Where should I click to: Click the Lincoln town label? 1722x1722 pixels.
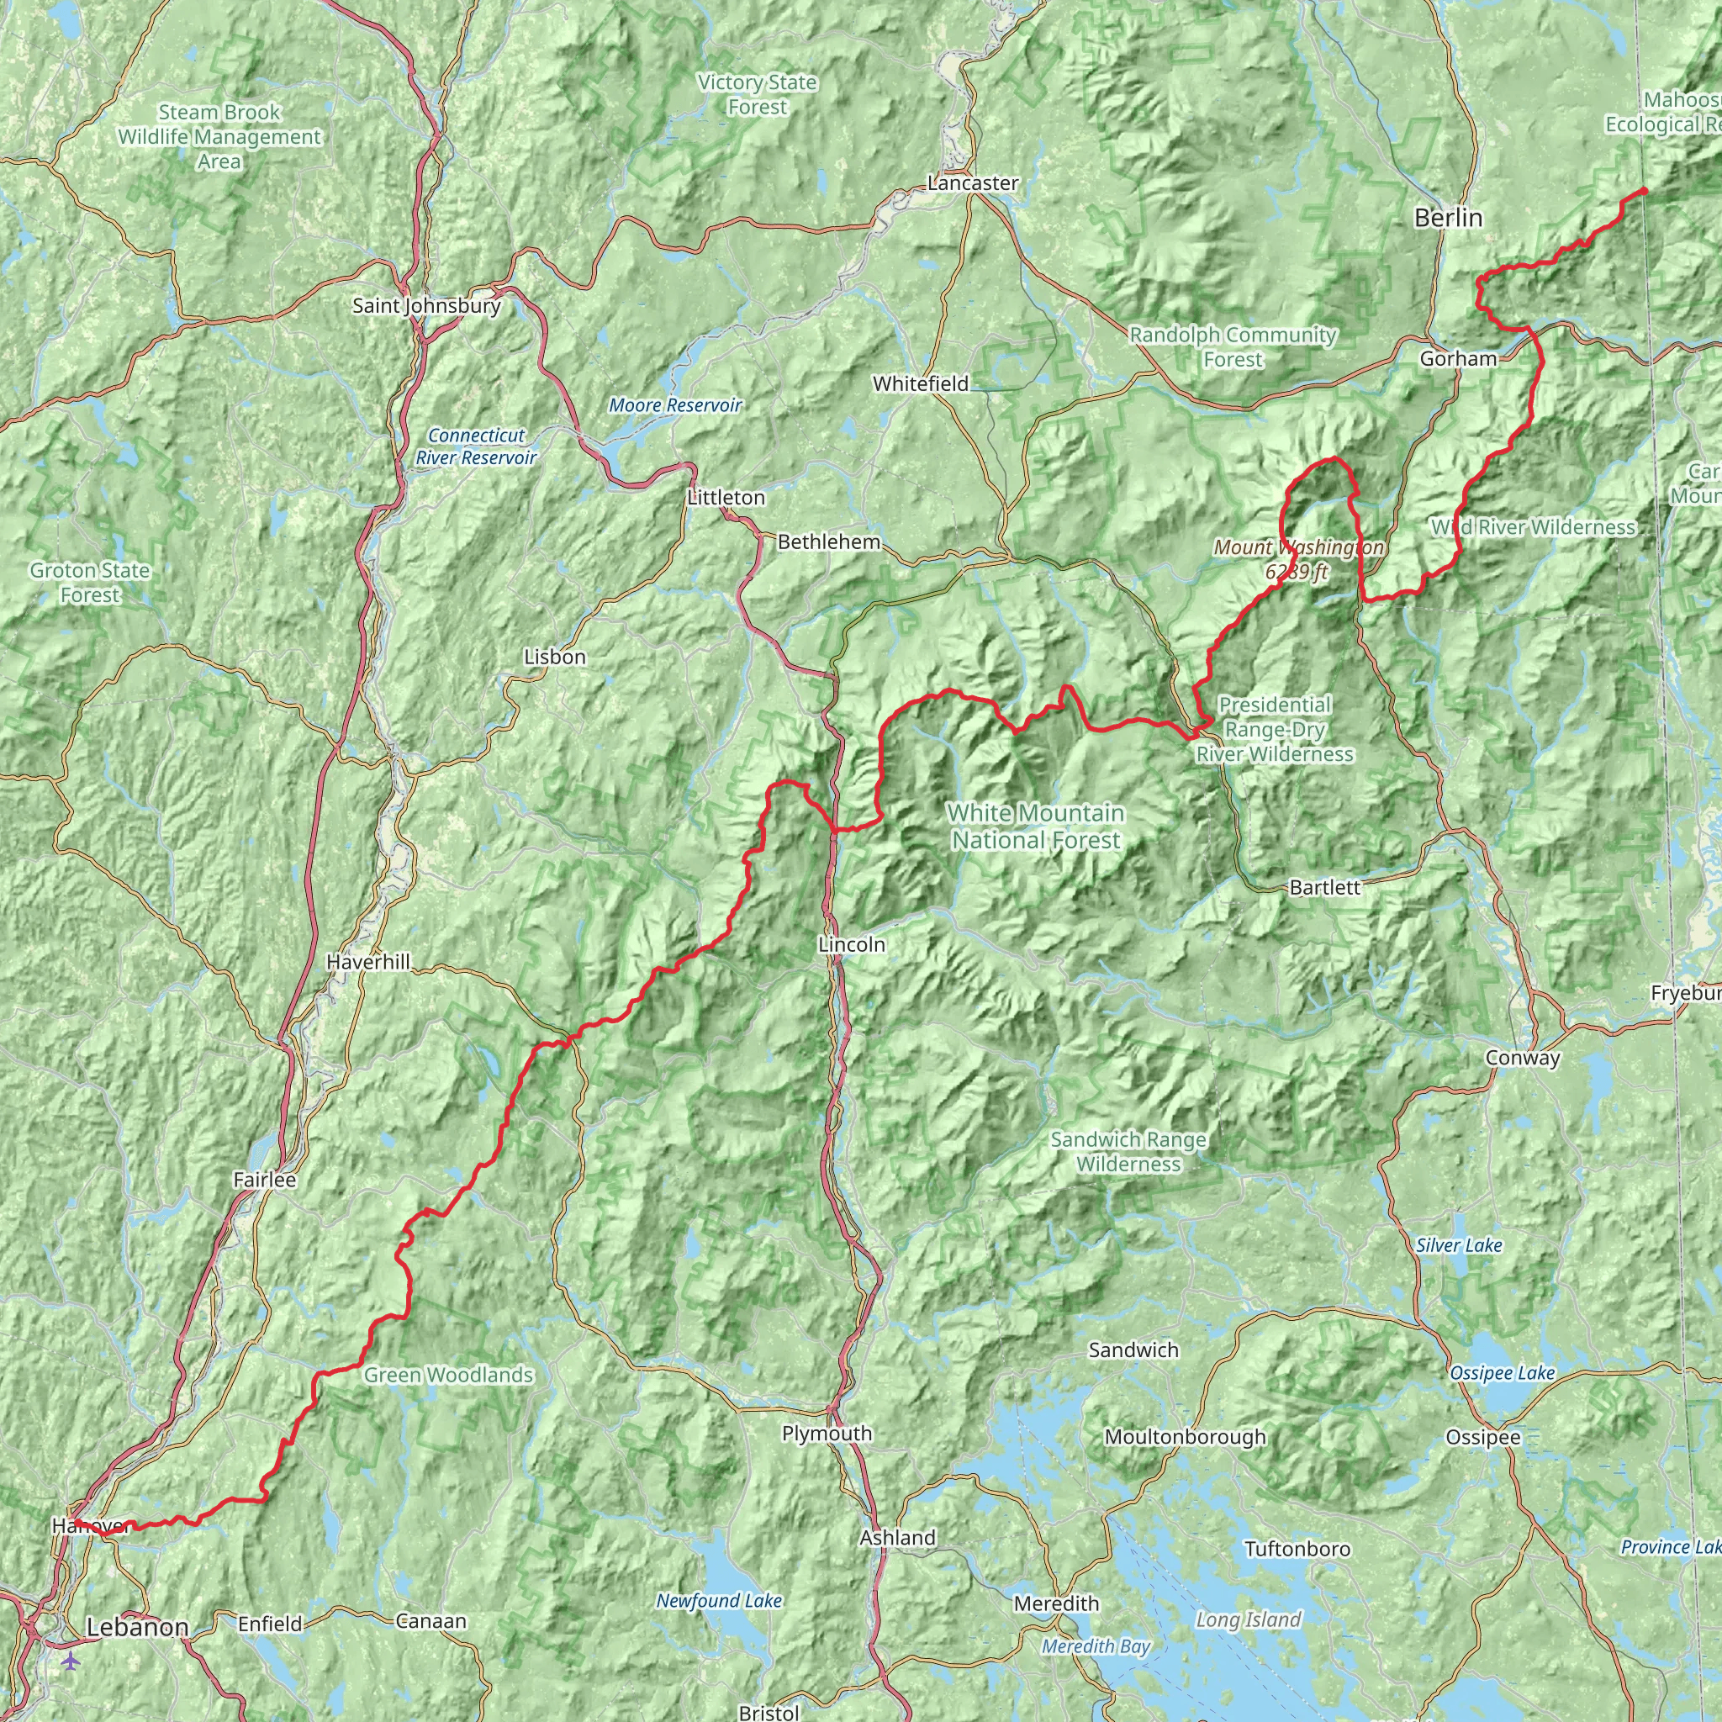pyautogui.click(x=851, y=944)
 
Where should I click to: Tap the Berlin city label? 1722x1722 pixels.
pyautogui.click(x=1449, y=218)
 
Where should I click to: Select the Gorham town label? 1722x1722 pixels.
pyautogui.click(x=1458, y=358)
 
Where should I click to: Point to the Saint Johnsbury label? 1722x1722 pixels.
pyautogui.click(x=426, y=306)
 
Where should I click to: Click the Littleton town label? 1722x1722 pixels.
pyautogui.click(x=726, y=498)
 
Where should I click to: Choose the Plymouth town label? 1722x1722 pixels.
pyautogui.click(x=827, y=1434)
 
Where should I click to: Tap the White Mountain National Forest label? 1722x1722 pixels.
pyautogui.click(x=1036, y=827)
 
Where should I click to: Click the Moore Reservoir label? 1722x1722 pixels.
pyautogui.click(x=674, y=405)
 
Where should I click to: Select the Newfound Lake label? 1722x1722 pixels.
pyautogui.click(x=718, y=1601)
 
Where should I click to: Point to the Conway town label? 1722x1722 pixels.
pyautogui.click(x=1523, y=1058)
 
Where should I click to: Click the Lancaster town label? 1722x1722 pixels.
pyautogui.click(x=973, y=182)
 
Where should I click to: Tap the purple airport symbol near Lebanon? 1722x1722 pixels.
pyautogui.click(x=71, y=1661)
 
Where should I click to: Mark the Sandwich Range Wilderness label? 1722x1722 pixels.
pyautogui.click(x=1128, y=1152)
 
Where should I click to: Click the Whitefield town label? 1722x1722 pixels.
pyautogui.click(x=920, y=384)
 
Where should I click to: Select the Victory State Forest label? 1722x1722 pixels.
pyautogui.click(x=757, y=94)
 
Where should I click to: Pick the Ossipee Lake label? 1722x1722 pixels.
pyautogui.click(x=1502, y=1374)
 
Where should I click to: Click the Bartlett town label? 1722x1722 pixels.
pyautogui.click(x=1324, y=887)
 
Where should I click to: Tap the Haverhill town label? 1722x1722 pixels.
pyautogui.click(x=368, y=962)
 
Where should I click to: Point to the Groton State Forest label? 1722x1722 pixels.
pyautogui.click(x=89, y=582)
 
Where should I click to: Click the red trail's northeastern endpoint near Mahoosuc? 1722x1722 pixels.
pyautogui.click(x=1645, y=190)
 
